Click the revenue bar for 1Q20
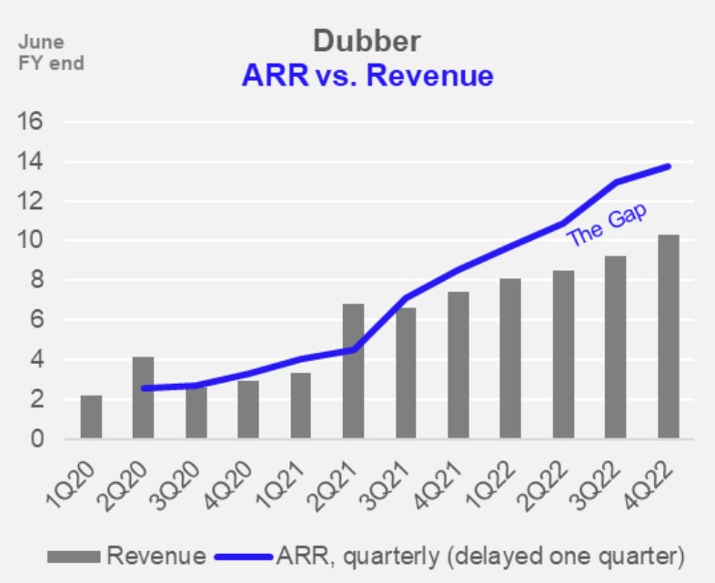coord(91,417)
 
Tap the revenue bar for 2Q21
coord(353,372)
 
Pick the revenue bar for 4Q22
coord(668,337)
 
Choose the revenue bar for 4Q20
coord(248,410)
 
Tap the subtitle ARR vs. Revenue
coord(367,75)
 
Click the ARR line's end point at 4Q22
coord(669,166)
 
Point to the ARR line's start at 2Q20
coord(144,388)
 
